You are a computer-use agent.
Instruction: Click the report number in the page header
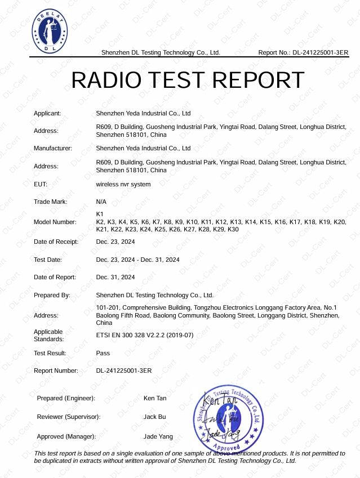pyautogui.click(x=303, y=52)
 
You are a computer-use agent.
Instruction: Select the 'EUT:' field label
pyautogui.click(x=41, y=184)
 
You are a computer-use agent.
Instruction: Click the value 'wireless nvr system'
pyautogui.click(x=123, y=184)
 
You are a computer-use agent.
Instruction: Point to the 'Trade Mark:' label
pyautogui.click(x=51, y=202)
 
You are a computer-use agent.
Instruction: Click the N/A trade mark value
pyautogui.click(x=101, y=202)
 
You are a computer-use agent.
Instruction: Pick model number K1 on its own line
pyautogui.click(x=100, y=215)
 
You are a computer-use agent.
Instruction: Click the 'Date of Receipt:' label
pyautogui.click(x=56, y=242)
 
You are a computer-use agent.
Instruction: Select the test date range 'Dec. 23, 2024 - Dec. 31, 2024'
pyautogui.click(x=138, y=260)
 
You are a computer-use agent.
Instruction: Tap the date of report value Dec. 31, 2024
pyautogui.click(x=115, y=277)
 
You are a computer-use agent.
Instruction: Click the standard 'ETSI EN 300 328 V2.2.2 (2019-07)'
pyautogui.click(x=145, y=335)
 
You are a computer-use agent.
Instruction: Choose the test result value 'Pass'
pyautogui.click(x=103, y=353)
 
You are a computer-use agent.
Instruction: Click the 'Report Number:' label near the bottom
pyautogui.click(x=56, y=370)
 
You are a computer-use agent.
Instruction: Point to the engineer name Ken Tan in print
pyautogui.click(x=155, y=398)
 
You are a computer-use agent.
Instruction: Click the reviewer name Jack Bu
pyautogui.click(x=154, y=417)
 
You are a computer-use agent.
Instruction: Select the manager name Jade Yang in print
pyautogui.click(x=158, y=436)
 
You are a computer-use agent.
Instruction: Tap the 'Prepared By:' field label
pyautogui.click(x=52, y=295)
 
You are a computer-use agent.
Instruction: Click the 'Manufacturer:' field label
pyautogui.click(x=53, y=149)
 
